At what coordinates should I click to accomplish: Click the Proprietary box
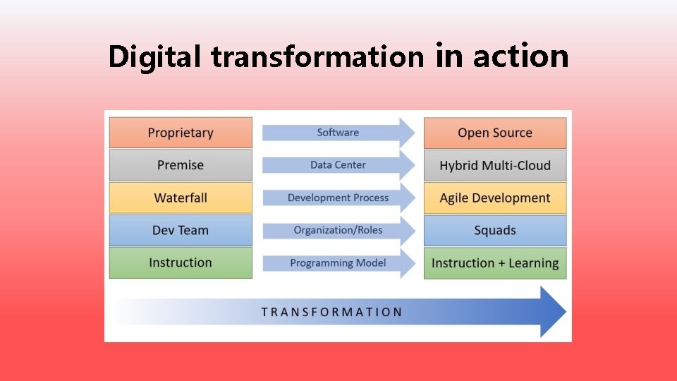point(181,133)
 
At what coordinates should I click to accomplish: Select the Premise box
point(181,165)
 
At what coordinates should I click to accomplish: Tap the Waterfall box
point(181,198)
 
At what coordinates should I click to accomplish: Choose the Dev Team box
point(181,230)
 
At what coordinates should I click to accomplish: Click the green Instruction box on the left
point(181,262)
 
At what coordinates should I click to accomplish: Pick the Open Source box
point(494,133)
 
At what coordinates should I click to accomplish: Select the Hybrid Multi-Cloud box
point(494,166)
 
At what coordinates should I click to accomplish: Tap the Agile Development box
point(494,198)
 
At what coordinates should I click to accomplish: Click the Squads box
point(494,231)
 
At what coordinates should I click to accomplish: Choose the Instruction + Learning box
point(494,263)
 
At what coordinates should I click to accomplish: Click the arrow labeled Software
point(338,133)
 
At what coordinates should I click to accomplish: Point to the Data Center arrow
point(338,165)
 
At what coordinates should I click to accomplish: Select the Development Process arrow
point(338,198)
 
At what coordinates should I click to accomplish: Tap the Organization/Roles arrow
point(338,230)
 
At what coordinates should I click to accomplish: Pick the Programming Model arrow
point(338,263)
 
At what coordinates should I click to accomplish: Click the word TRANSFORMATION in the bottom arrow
point(331,312)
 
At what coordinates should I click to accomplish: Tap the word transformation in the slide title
point(317,57)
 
